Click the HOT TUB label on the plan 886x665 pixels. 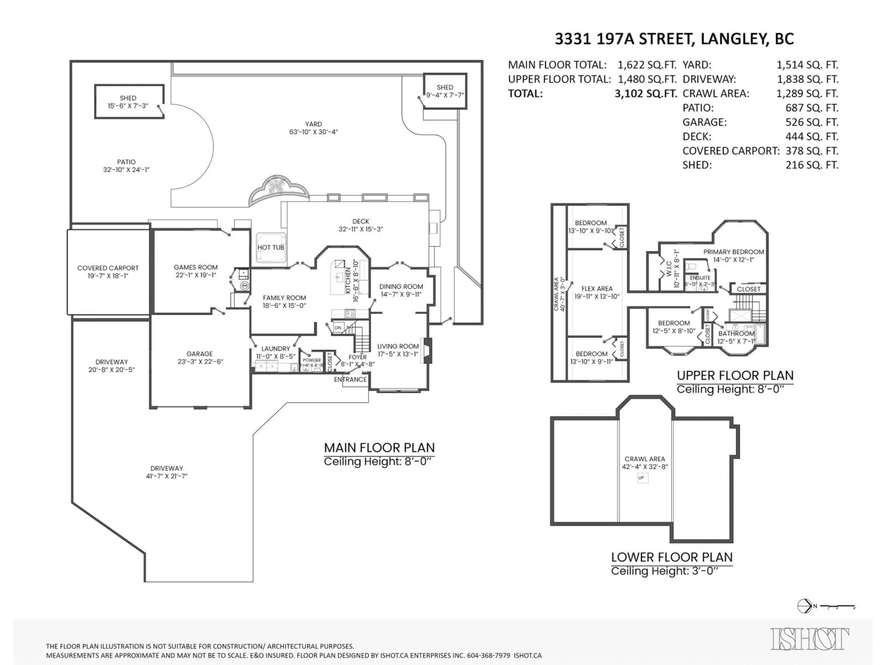tap(271, 247)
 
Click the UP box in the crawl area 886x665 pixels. tap(641, 478)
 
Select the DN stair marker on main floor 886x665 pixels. tap(338, 327)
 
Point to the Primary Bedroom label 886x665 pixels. tap(733, 252)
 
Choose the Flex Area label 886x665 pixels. tap(597, 289)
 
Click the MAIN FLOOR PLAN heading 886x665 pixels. tap(379, 448)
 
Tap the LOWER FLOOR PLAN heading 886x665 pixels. tap(672, 557)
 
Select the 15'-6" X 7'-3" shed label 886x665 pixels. tap(128, 106)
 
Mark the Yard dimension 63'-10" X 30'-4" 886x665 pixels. tap(313, 132)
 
